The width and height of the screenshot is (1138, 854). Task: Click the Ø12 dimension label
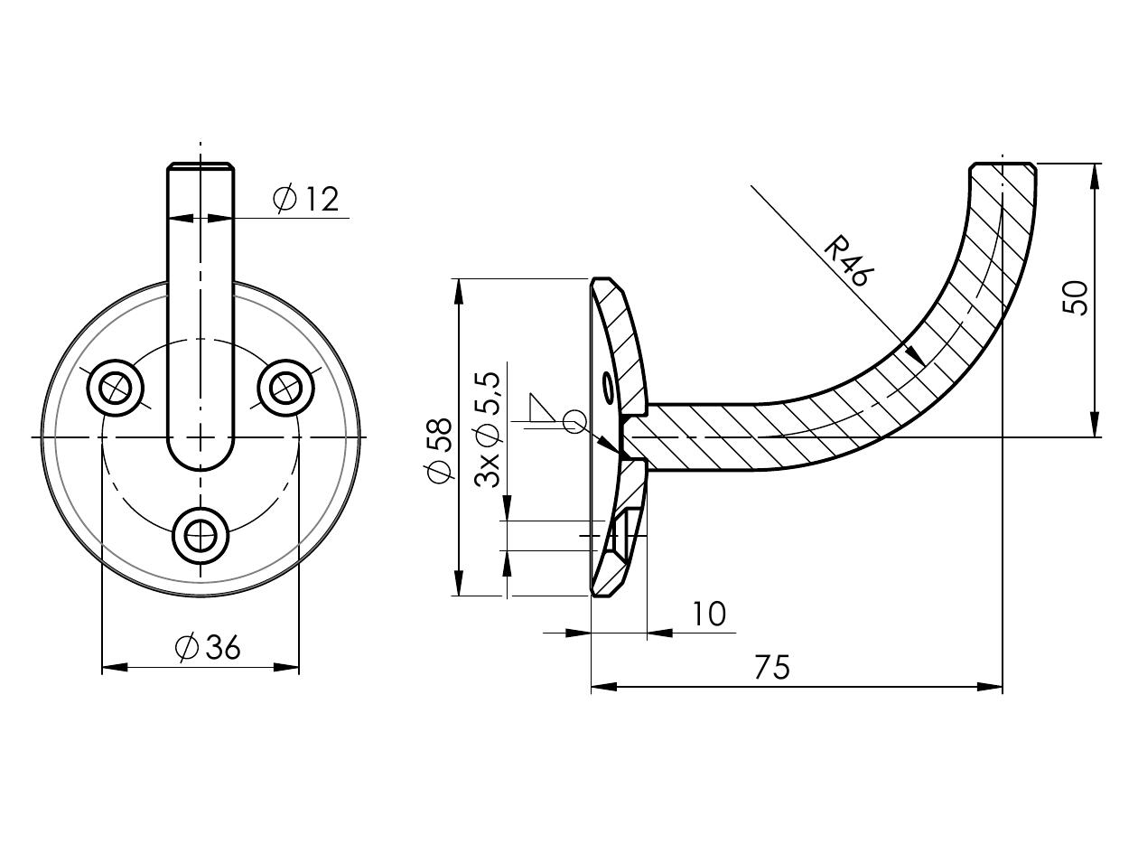tap(306, 199)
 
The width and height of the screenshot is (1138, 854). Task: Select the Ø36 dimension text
tap(208, 648)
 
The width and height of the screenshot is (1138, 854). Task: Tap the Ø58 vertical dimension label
tap(440, 450)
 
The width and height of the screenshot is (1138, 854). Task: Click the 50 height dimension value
tap(1075, 297)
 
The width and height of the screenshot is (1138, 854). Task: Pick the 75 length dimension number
tap(772, 667)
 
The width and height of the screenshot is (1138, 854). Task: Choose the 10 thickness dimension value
tap(709, 614)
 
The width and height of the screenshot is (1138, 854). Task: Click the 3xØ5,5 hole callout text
tap(488, 429)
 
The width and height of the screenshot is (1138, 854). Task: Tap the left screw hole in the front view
tap(115, 388)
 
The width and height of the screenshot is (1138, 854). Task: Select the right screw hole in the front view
tap(285, 388)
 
